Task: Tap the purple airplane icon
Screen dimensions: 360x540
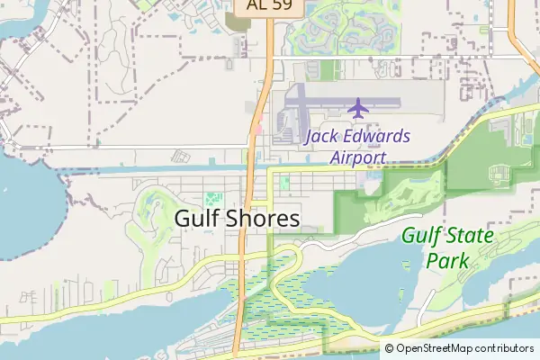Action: click(x=358, y=109)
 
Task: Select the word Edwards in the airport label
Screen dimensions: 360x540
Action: click(x=378, y=137)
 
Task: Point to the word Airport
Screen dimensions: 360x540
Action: click(x=357, y=157)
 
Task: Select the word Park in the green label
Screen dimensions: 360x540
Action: click(x=447, y=260)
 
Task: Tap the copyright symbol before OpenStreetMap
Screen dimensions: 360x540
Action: click(x=390, y=348)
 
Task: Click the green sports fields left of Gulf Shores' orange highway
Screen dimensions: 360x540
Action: click(x=213, y=198)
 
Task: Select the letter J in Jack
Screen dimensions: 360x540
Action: click(x=309, y=137)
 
